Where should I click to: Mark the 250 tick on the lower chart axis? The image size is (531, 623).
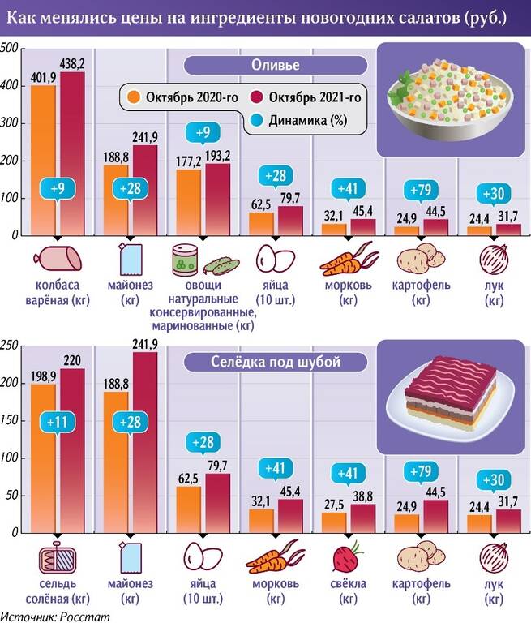tap(9, 346)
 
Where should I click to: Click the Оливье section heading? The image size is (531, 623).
tap(273, 65)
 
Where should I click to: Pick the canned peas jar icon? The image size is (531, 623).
tap(184, 260)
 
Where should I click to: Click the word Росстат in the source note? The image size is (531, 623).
tap(84, 617)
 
